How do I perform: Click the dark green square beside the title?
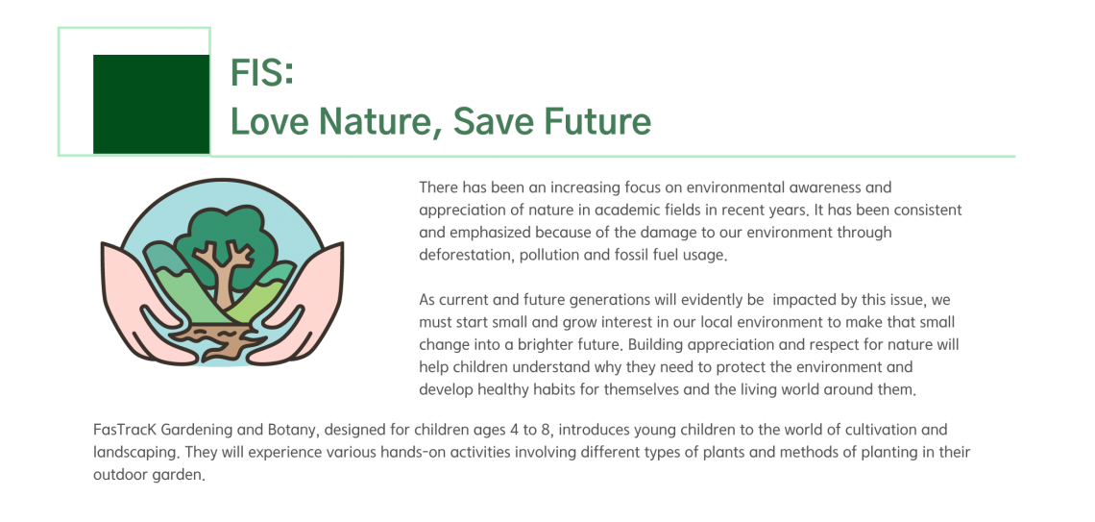pos(151,104)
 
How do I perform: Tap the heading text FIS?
pos(262,73)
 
